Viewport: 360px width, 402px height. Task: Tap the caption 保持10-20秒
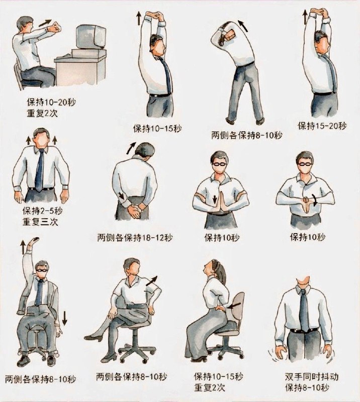tap(51, 103)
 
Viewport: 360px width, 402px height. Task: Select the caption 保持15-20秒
tap(322, 126)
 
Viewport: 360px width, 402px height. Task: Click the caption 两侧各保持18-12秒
tap(135, 238)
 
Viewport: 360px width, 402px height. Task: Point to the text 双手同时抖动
tap(312, 376)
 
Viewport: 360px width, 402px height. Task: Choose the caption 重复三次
tap(40, 222)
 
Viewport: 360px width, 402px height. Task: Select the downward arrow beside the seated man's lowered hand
tap(64, 318)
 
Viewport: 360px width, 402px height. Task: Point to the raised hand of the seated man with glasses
tap(34, 241)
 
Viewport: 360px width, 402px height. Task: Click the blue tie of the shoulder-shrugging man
tap(39, 170)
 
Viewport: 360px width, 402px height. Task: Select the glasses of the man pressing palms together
tap(220, 164)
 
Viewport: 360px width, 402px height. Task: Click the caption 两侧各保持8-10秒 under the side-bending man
tap(246, 135)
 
